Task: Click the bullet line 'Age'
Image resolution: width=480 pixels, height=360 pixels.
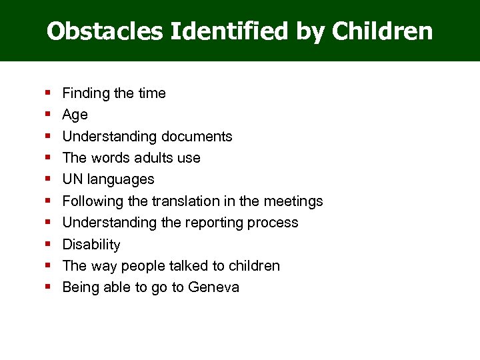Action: tap(75, 115)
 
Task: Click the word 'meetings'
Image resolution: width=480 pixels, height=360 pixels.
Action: tap(295, 201)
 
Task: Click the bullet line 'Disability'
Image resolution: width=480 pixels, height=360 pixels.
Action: tap(91, 245)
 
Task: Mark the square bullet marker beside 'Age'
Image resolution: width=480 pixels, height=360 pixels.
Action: tap(49, 115)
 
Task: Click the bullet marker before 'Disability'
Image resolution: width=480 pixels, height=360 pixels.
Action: tap(49, 244)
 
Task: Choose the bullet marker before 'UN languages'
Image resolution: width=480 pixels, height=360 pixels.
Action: tap(49, 179)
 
